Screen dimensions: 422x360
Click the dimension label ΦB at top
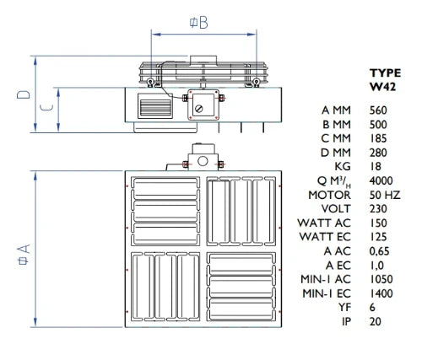[x=198, y=23]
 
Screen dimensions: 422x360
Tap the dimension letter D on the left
[x=24, y=94]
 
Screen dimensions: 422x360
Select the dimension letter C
[x=46, y=107]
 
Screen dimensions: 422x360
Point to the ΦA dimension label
[x=24, y=255]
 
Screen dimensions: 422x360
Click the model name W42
[x=382, y=87]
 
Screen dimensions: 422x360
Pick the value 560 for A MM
[x=378, y=110]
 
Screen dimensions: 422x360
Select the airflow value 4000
[x=381, y=180]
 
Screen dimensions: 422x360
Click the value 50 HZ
[x=385, y=195]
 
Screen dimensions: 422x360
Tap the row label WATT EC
[x=325, y=237]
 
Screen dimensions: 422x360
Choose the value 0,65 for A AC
[x=379, y=251]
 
